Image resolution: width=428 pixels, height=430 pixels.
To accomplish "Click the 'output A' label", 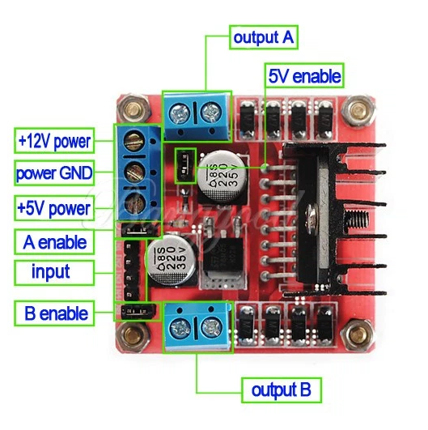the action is point(264,37).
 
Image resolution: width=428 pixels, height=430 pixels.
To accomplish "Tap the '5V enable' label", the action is point(304,75).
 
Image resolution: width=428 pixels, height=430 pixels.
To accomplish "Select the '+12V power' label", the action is point(54,141).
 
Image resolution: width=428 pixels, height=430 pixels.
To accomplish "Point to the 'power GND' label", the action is point(54,173).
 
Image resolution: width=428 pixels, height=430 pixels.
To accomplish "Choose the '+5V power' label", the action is point(54,208).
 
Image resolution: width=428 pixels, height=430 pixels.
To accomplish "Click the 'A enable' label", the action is point(54,242).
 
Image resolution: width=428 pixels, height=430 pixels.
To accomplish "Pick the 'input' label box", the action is point(54,273).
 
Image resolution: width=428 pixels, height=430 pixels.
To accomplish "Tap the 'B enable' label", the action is point(54,313).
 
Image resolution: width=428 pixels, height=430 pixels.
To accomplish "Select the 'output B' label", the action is point(282,390).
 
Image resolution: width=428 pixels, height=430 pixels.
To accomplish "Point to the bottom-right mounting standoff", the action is point(358,334).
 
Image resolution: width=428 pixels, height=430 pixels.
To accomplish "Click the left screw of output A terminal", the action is point(180,113).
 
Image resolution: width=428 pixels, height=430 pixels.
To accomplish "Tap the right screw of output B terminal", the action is point(211,328).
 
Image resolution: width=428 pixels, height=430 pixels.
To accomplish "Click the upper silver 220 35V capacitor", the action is point(222,174).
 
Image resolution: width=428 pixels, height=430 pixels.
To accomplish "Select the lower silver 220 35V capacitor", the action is point(172,259).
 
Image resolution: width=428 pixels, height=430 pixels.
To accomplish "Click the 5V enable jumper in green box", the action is point(185,166).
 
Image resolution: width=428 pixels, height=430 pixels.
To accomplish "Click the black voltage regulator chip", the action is point(223,256).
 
